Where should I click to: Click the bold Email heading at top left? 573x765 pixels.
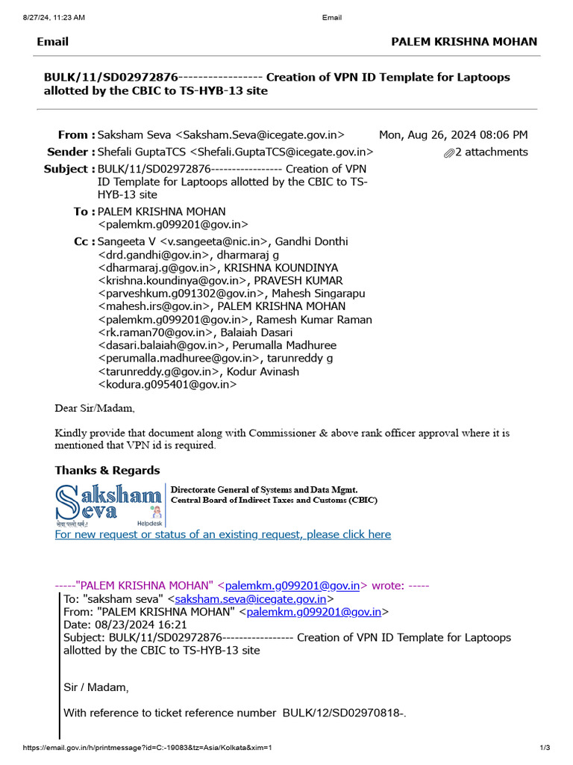52,42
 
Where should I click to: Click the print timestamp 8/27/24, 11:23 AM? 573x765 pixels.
46,16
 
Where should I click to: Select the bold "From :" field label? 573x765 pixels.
76,135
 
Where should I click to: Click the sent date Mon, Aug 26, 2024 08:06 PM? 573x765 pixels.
453,135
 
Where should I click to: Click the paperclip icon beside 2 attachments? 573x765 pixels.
448,153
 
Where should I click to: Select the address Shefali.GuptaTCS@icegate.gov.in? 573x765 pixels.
283,152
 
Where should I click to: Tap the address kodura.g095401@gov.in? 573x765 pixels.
168,384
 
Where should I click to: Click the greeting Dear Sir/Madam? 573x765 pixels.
95,409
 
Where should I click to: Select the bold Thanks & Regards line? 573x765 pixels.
107,471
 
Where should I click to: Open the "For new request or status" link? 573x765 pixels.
222,535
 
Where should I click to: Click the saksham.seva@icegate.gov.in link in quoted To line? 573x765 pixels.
250,599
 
